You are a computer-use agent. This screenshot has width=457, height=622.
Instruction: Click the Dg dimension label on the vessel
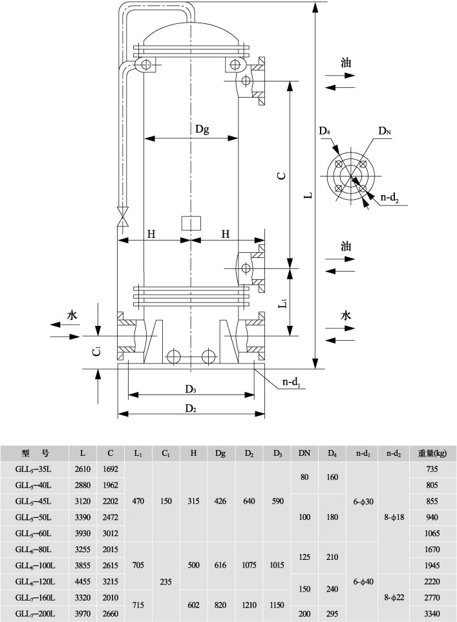[202, 129]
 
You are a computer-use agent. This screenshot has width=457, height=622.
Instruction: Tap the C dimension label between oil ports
[280, 176]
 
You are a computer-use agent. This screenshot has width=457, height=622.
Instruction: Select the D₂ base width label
[190, 408]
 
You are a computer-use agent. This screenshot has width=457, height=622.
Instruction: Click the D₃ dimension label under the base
[190, 389]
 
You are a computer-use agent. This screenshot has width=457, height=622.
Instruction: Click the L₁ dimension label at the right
[282, 303]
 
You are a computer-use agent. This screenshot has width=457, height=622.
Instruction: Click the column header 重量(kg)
[433, 453]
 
